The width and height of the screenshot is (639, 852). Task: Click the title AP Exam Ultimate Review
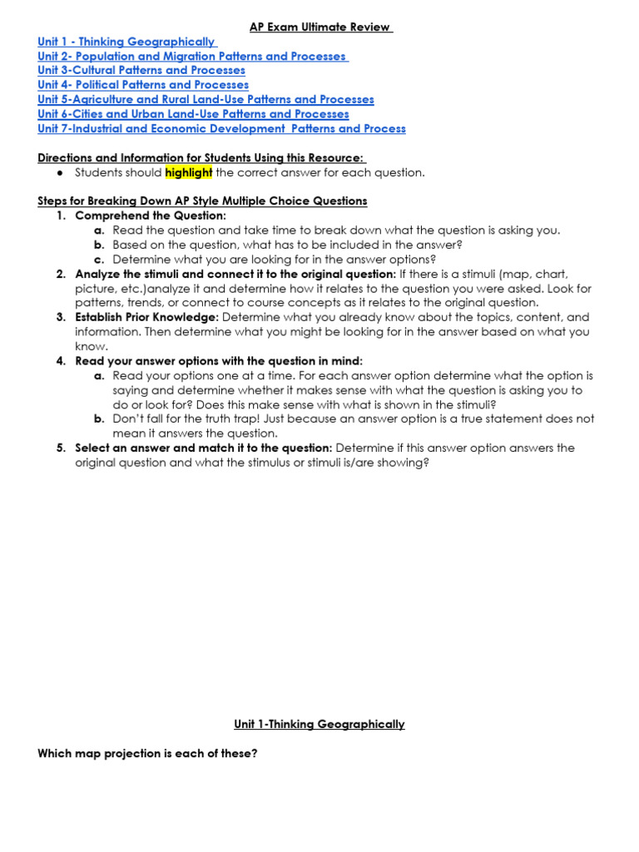[321, 27]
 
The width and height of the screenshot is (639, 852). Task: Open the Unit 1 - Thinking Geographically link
[127, 42]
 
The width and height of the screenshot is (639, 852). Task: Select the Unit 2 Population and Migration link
[193, 56]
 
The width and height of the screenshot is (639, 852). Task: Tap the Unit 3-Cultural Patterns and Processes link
[141, 71]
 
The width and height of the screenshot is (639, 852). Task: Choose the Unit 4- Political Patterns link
[143, 85]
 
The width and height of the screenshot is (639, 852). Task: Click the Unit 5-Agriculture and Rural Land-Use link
[206, 99]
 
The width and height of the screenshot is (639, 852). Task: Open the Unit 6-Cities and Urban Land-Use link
[193, 114]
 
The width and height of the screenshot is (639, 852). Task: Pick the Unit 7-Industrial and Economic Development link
[221, 128]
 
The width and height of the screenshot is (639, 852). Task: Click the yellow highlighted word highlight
[189, 173]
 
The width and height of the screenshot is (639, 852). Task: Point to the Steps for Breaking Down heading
[202, 201]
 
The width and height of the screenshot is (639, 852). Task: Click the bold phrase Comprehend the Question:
[151, 215]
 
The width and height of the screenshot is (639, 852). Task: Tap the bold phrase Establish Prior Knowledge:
[147, 317]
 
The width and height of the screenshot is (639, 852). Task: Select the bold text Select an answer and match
[203, 448]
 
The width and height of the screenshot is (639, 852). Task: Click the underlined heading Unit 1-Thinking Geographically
[319, 724]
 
